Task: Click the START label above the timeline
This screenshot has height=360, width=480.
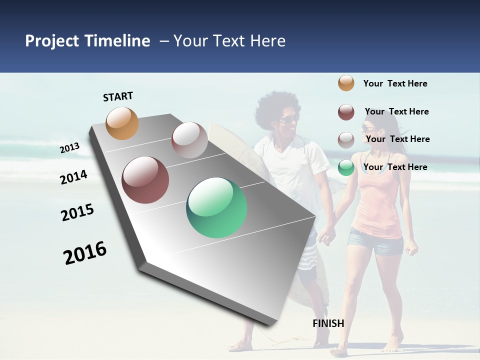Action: [118, 96]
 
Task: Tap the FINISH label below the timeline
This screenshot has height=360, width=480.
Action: [328, 323]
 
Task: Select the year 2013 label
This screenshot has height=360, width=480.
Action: [69, 148]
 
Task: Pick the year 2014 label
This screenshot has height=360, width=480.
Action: [73, 177]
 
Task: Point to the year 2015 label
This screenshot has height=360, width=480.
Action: [77, 212]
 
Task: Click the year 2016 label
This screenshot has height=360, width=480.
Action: [85, 253]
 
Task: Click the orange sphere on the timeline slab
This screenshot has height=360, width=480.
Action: [122, 123]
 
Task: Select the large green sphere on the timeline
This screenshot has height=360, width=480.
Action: [216, 207]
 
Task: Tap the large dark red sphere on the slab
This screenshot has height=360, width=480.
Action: [145, 180]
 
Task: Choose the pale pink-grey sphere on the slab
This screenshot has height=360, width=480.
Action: [189, 140]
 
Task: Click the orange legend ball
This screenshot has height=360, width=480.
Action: [346, 83]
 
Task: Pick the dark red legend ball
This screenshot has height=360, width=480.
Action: [346, 112]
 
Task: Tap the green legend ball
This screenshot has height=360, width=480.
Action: [346, 167]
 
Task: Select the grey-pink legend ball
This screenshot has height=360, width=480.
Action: [346, 140]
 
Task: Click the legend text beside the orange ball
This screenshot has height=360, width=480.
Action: [395, 83]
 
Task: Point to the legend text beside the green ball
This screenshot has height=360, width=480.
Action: [395, 167]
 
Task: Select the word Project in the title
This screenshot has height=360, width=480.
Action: [52, 41]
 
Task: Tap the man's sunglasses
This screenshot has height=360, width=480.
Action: [288, 119]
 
